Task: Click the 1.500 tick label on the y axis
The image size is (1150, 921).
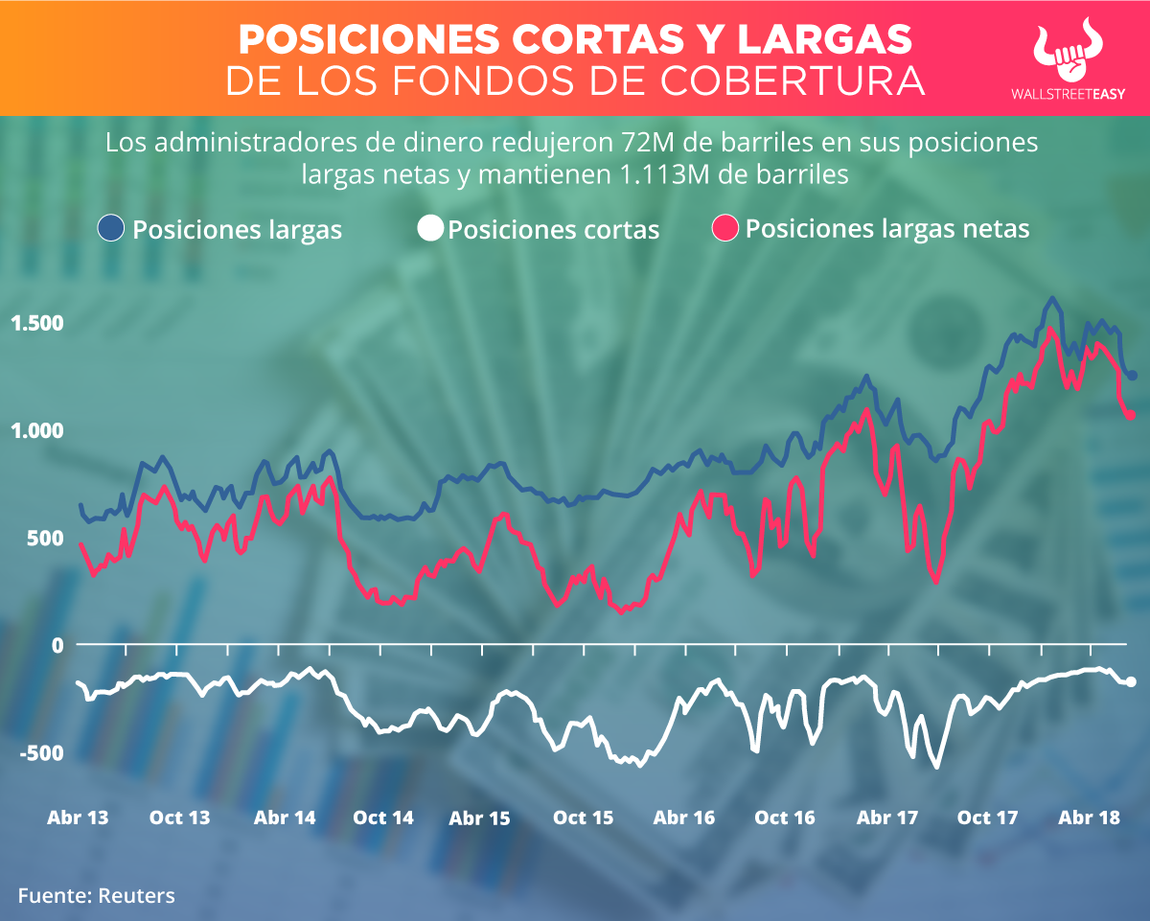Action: coord(36,323)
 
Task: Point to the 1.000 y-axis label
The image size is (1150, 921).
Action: coord(36,430)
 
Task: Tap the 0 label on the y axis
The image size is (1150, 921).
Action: coord(57,645)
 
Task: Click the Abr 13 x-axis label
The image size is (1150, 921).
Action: coord(78,817)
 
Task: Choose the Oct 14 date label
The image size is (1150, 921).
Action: coord(383,817)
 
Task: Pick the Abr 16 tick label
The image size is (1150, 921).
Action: coord(683,817)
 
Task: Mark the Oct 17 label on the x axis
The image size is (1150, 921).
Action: coord(987,817)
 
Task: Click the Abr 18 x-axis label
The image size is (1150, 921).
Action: coord(1090,817)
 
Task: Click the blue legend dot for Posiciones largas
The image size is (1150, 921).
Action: coord(111,228)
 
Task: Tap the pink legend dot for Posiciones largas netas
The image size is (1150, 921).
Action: coord(725,228)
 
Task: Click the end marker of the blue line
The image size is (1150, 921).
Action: coord(1132,375)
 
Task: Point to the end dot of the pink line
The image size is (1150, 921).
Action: coord(1130,415)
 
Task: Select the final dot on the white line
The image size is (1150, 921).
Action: coord(1131,681)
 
